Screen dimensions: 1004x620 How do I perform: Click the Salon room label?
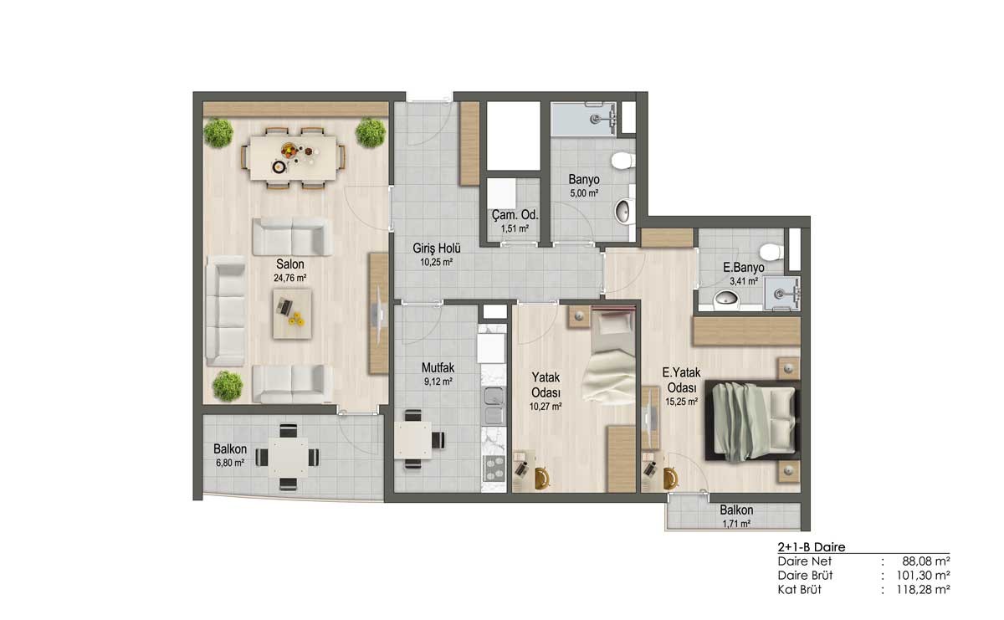pos(290,264)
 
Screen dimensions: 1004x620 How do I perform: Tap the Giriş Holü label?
pos(437,248)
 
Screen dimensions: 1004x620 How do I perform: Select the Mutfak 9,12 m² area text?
pos(438,382)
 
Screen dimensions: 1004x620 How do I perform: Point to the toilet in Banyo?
pos(623,161)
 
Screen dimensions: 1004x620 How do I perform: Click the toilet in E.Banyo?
pos(771,252)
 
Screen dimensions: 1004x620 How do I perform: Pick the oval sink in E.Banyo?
pos(726,297)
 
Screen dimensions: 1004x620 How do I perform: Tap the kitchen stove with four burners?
pos(494,468)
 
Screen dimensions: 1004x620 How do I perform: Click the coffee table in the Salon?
pos(292,314)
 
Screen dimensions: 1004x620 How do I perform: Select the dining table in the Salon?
pos(293,158)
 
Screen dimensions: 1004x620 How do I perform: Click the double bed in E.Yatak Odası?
pos(753,421)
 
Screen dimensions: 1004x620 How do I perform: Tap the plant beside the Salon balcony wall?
pos(228,386)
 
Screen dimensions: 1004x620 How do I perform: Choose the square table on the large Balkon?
pos(288,458)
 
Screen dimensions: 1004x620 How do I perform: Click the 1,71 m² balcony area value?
pos(736,524)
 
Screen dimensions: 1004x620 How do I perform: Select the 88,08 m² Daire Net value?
pos(926,561)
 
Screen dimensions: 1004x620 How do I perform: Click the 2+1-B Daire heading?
pos(812,547)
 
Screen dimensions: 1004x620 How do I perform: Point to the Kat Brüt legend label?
pos(800,589)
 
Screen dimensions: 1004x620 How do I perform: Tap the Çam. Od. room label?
pos(515,215)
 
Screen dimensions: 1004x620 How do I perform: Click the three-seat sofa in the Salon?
pos(225,310)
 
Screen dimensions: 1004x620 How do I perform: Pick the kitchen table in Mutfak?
pos(412,440)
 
